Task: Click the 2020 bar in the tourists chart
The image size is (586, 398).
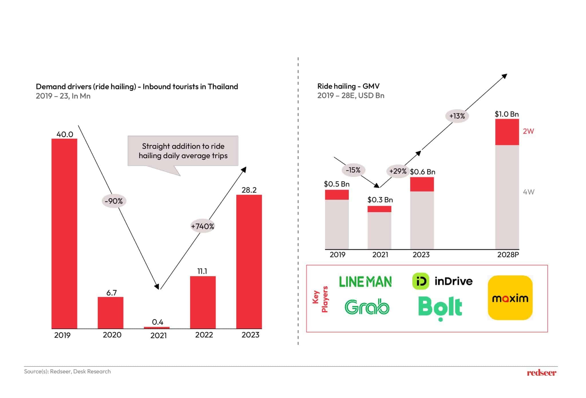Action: point(110,313)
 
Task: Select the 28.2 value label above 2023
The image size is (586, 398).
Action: point(249,190)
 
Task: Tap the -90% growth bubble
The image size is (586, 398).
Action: point(114,201)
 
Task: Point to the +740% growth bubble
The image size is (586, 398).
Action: point(203,226)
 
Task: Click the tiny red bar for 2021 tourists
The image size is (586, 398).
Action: point(157,328)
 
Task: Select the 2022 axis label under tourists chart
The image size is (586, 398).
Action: point(204,335)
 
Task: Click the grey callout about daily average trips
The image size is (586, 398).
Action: point(183,151)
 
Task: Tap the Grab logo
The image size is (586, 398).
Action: point(367,307)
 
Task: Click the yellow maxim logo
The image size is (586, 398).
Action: point(510,298)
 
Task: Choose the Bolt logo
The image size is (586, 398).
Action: point(440,308)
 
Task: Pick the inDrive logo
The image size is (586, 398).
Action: point(442,281)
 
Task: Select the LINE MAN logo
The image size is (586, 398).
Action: point(365,282)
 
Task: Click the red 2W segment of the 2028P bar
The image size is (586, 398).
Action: point(507,132)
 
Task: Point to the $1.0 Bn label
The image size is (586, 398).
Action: point(507,114)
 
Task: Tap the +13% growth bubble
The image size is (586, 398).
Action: point(457,116)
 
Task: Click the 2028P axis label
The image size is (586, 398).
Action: point(508,255)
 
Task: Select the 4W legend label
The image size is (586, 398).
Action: point(528,192)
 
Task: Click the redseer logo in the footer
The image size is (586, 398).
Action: point(542,372)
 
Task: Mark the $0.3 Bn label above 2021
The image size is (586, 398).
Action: point(380,200)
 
